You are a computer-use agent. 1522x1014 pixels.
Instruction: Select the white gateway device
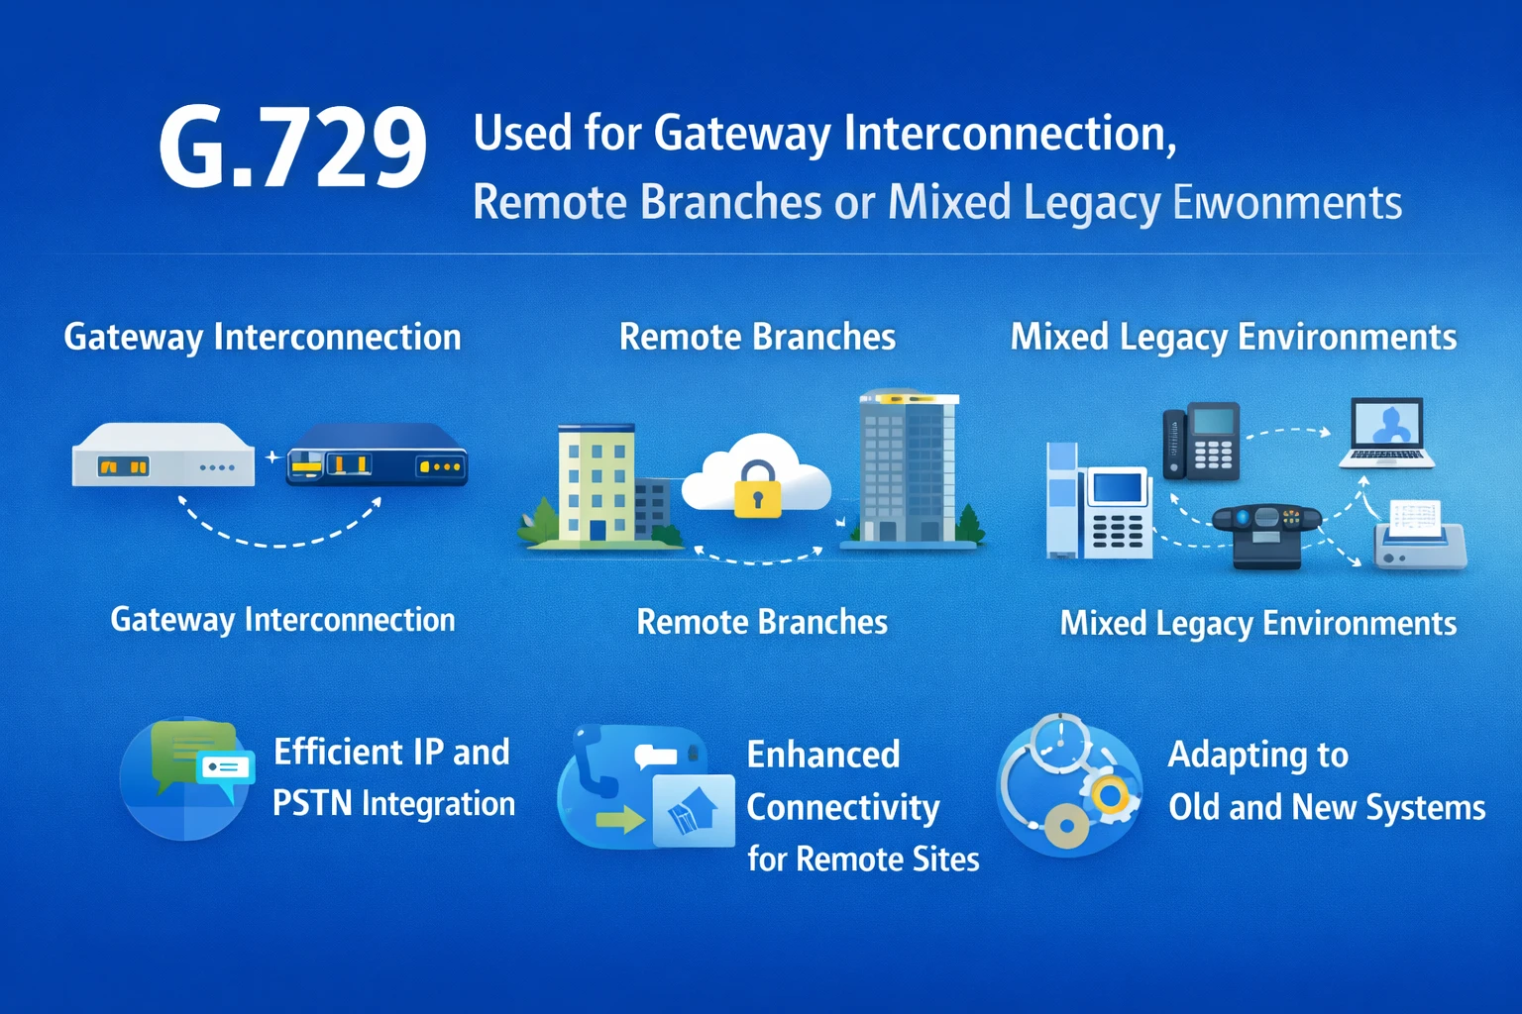[x=163, y=456]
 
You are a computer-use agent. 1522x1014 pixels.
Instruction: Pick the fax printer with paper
[x=1419, y=535]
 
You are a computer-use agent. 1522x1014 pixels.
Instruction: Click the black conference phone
[x=1266, y=533]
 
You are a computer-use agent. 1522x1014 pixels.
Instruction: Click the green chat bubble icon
[x=188, y=753]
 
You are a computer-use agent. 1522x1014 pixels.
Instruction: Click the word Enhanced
[x=823, y=755]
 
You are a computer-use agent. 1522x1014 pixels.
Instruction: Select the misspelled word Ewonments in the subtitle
[x=1287, y=203]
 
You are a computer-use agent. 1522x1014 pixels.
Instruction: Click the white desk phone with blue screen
[x=1118, y=513]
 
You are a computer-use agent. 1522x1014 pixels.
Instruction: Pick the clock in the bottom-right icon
[x=1060, y=743]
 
